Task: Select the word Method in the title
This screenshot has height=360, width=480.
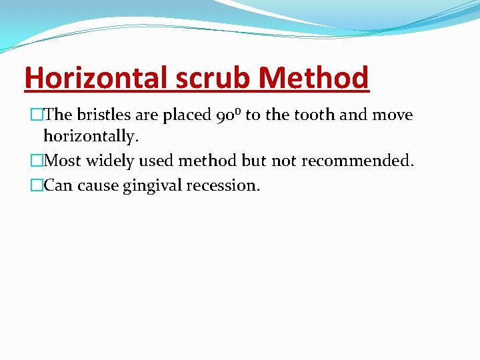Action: (314, 77)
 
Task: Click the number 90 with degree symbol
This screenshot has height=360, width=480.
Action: (229, 115)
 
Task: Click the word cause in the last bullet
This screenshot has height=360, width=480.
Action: (98, 185)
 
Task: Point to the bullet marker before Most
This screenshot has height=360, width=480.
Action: (36, 161)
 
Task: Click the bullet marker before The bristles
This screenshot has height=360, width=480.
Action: (36, 115)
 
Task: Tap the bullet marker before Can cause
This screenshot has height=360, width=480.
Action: (36, 185)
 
